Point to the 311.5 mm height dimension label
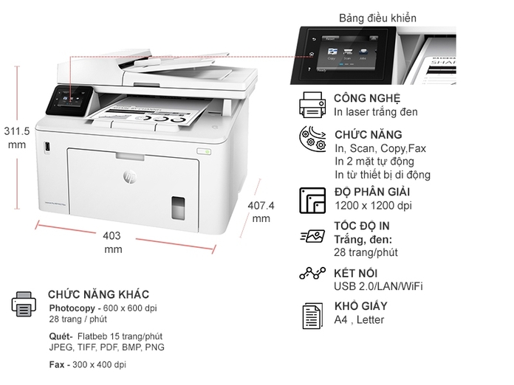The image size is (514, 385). pyautogui.click(x=16, y=138)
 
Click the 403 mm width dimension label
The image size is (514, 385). pyautogui.click(x=112, y=243)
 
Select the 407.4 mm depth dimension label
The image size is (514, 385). pyautogui.click(x=261, y=212)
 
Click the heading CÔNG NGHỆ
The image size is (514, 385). pyautogui.click(x=366, y=98)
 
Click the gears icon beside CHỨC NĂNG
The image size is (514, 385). pyautogui.click(x=312, y=140)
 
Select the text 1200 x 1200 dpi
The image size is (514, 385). pyautogui.click(x=373, y=206)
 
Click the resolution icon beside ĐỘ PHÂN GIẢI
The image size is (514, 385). pyautogui.click(x=312, y=200)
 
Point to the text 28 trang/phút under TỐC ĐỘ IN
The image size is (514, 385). pyautogui.click(x=366, y=252)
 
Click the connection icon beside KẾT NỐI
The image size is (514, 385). pyautogui.click(x=312, y=274)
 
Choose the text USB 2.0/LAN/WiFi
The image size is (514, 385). pyautogui.click(x=378, y=286)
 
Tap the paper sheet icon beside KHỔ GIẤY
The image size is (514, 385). pyautogui.click(x=312, y=315)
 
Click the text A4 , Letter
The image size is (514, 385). pyautogui.click(x=359, y=319)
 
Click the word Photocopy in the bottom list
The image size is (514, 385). pyautogui.click(x=72, y=308)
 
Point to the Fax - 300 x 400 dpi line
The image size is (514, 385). pyautogui.click(x=87, y=364)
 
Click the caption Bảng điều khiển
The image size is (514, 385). pyautogui.click(x=377, y=17)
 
